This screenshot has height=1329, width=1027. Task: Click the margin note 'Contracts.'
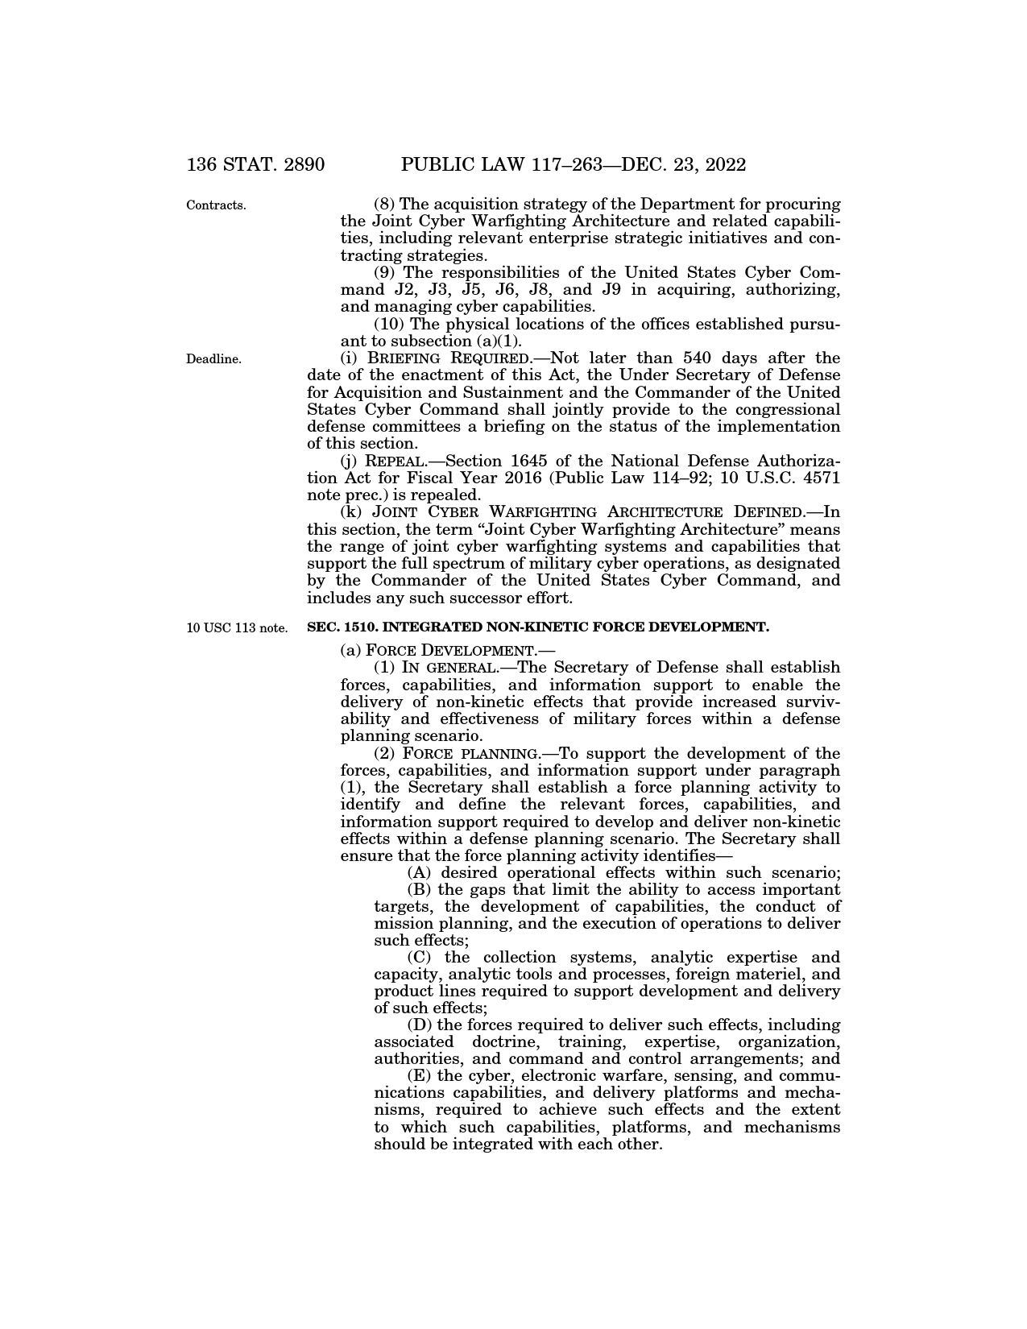[216, 205]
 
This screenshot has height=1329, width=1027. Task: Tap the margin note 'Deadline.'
[213, 359]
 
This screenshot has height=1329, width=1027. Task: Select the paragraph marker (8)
[385, 205]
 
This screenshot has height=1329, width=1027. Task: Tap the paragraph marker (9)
[385, 273]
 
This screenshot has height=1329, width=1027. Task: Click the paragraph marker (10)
[390, 325]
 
